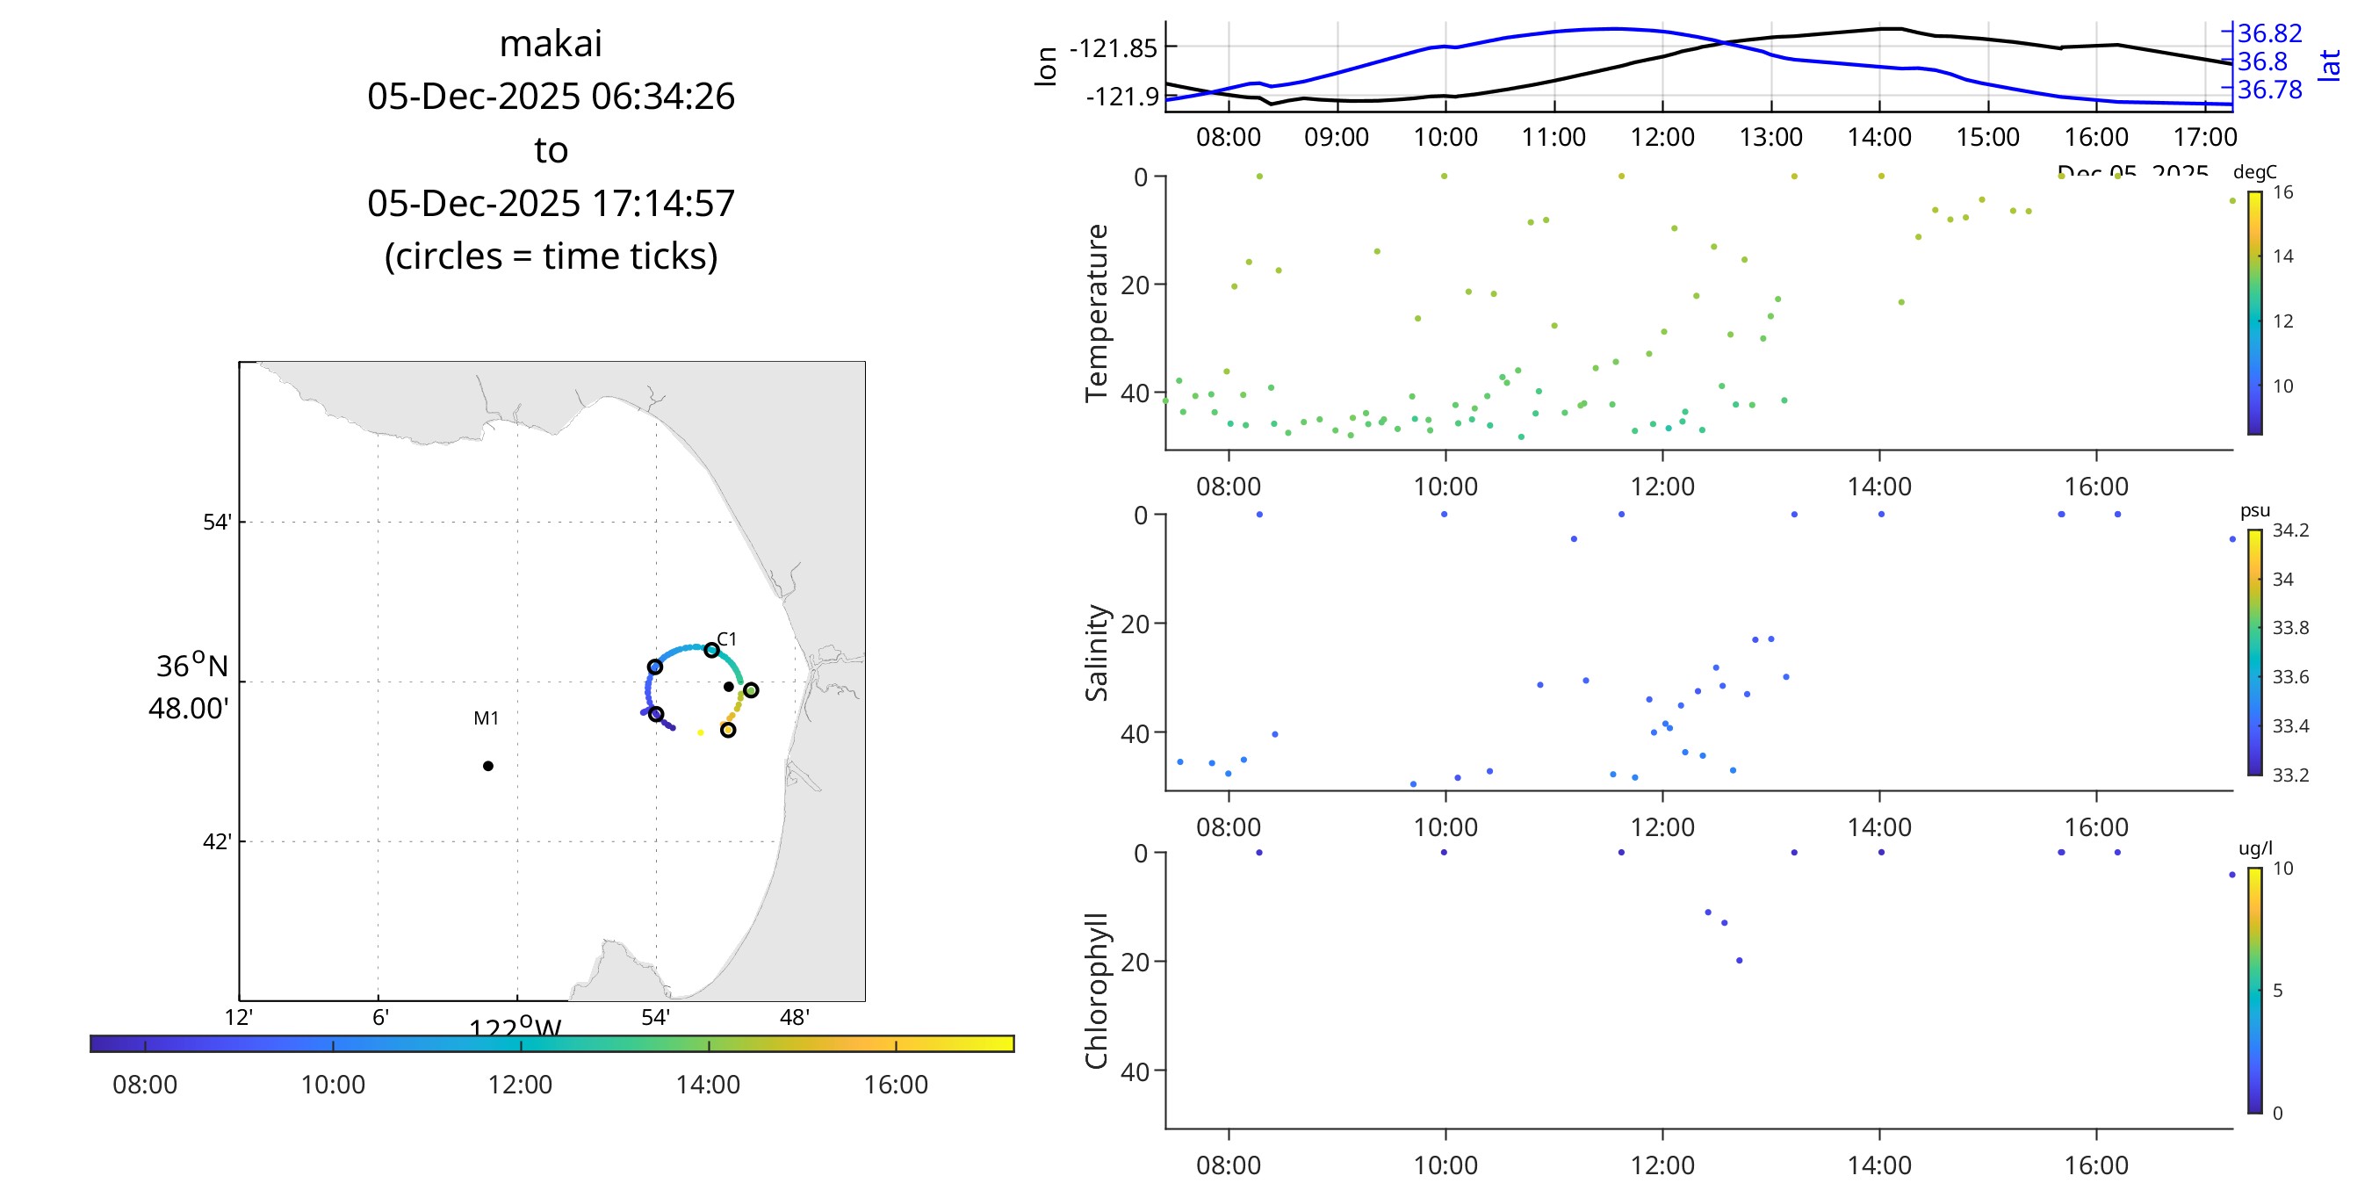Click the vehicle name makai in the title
click(551, 43)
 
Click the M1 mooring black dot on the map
click(487, 765)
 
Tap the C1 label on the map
click(727, 638)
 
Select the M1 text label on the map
click(486, 718)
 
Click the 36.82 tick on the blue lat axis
click(2269, 33)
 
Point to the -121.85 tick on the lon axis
click(1113, 48)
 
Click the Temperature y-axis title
click(1096, 313)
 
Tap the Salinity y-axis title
click(1096, 653)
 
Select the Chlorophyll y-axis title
click(1096, 991)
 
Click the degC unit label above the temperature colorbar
click(2254, 172)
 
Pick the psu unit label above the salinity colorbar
click(2254, 510)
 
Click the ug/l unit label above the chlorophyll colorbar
click(2255, 848)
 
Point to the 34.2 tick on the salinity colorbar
click(2290, 530)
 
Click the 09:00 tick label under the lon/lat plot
click(1337, 137)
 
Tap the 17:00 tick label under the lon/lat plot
click(2204, 137)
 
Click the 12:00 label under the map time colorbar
click(520, 1084)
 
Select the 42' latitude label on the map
click(217, 841)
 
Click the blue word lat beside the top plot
click(2330, 65)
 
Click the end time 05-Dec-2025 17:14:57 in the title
click(551, 203)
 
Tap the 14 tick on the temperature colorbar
click(2283, 256)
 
